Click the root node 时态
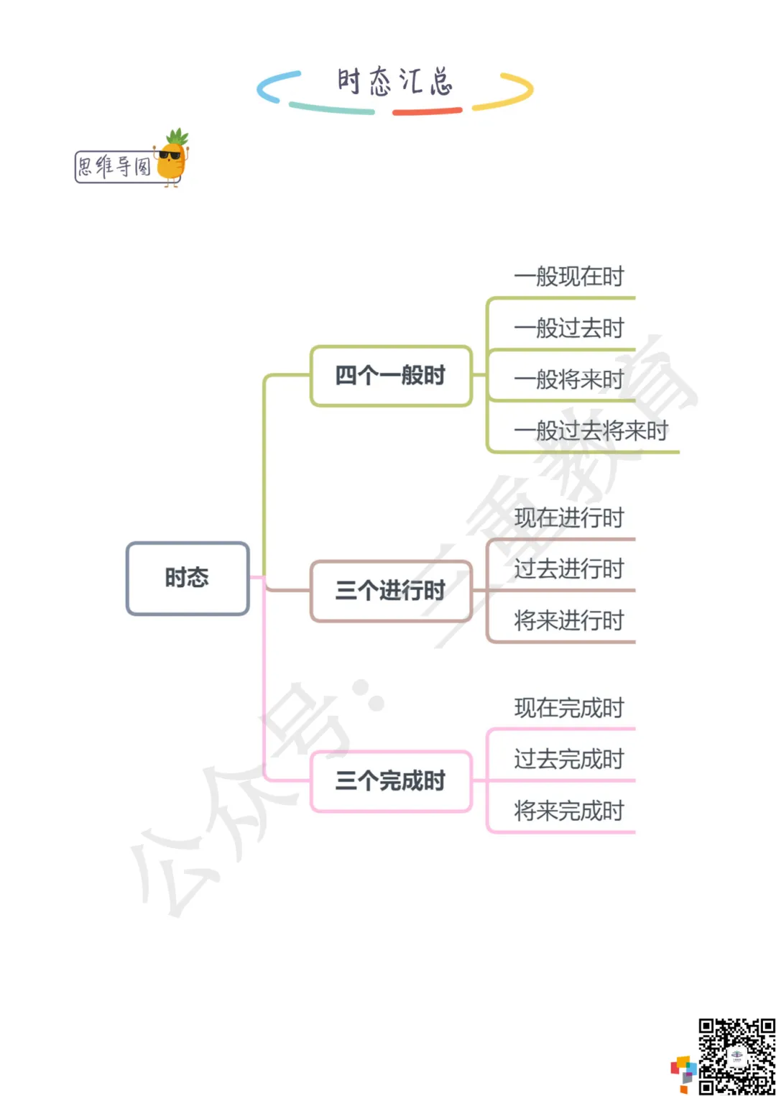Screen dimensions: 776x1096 tap(188, 579)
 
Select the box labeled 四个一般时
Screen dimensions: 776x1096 tap(391, 376)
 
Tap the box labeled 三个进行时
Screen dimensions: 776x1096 tap(391, 591)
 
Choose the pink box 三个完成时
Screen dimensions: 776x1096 tap(391, 781)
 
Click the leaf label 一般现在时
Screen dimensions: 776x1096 tap(569, 277)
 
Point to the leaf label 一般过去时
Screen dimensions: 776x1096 tap(569, 328)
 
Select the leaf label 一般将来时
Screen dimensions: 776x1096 tap(569, 379)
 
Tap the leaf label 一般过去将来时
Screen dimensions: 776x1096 tap(591, 431)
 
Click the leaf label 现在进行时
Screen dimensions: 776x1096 tap(569, 518)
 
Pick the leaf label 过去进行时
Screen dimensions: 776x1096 tap(569, 569)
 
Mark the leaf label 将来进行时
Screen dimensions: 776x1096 tap(569, 621)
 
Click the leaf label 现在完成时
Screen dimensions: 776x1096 tap(569, 709)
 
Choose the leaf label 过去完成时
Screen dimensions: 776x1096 tap(569, 760)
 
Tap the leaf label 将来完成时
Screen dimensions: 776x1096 tap(569, 811)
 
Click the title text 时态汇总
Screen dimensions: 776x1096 tap(394, 82)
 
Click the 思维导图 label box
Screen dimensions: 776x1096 tap(115, 167)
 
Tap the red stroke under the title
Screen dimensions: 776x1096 tap(427, 111)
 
